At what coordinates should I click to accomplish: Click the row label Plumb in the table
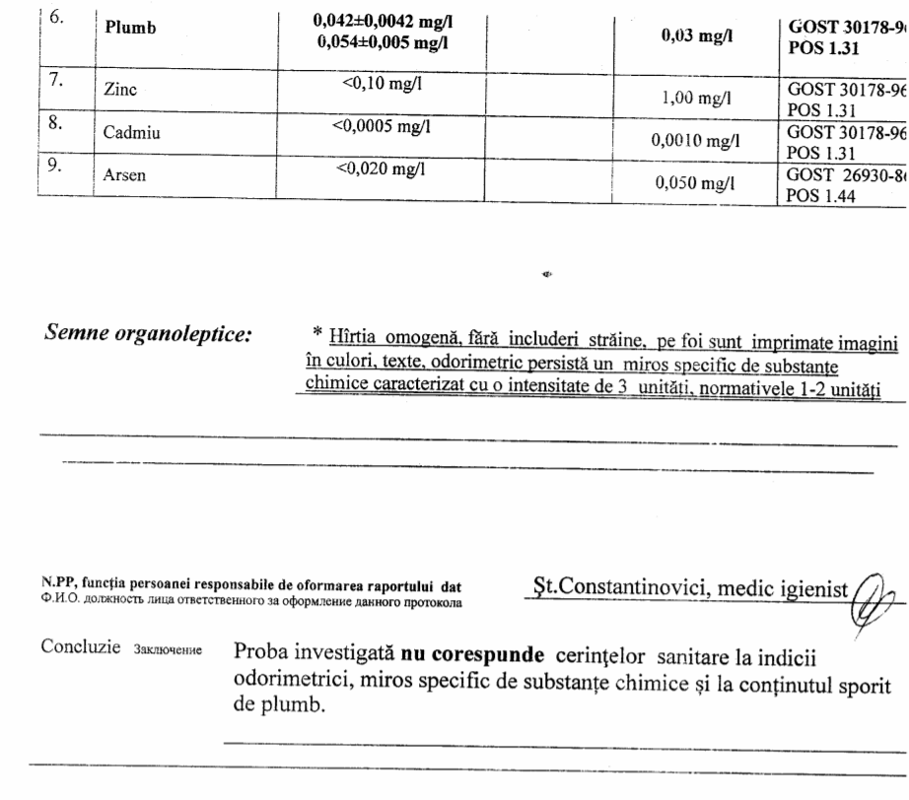(x=131, y=29)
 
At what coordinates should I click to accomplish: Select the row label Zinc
(x=120, y=89)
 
